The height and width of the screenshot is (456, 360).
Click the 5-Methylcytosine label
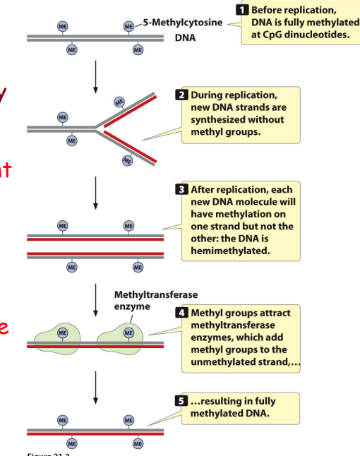coord(183,23)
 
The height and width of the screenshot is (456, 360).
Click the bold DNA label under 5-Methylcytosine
coord(186,36)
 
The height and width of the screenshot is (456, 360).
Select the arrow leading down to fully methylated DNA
coord(95,388)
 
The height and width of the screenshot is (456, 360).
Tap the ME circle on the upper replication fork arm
coord(119,102)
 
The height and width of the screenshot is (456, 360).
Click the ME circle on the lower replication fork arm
coord(128,160)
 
